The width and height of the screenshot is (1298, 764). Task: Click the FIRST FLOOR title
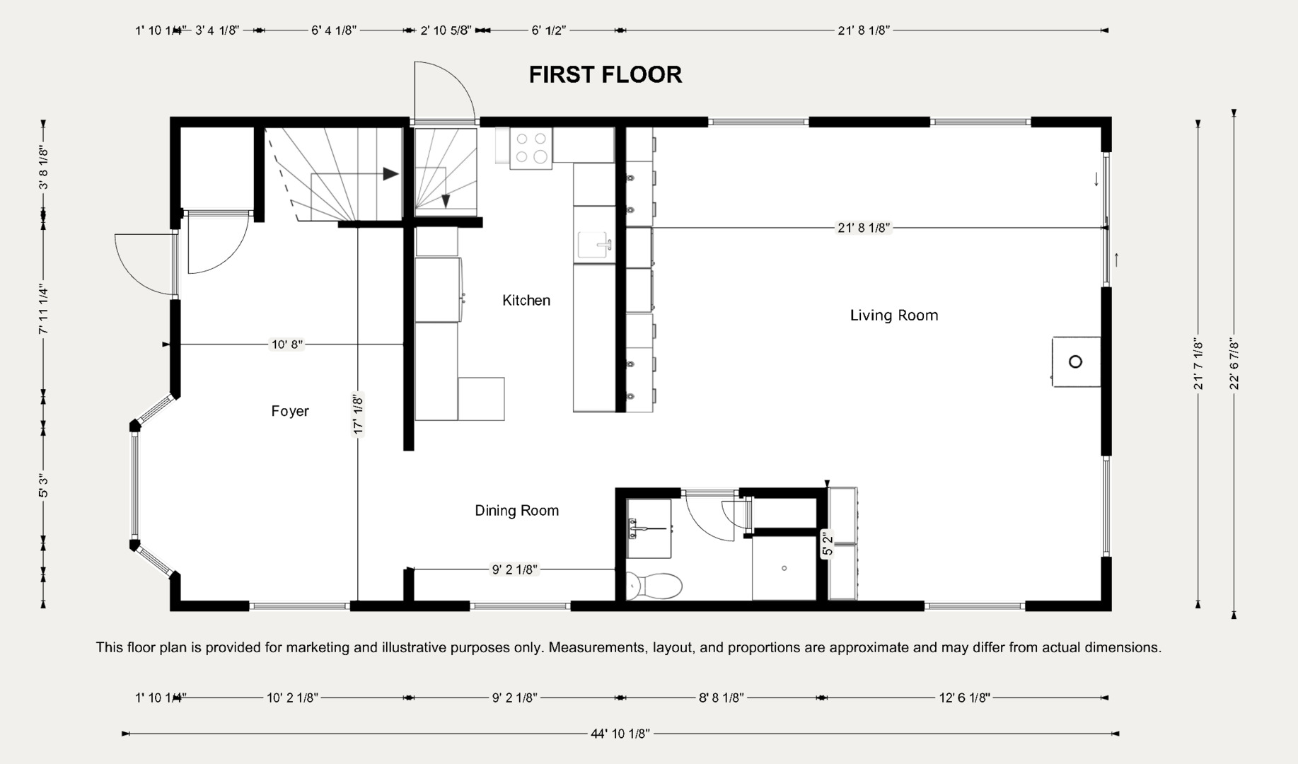pos(605,74)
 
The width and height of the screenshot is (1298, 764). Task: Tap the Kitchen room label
pos(526,301)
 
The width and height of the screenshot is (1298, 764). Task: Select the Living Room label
pos(894,316)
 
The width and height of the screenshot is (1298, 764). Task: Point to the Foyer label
pos(290,411)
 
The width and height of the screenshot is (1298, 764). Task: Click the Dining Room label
pos(516,511)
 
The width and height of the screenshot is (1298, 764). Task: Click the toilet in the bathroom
pos(655,586)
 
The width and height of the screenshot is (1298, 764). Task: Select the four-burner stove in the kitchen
pos(531,149)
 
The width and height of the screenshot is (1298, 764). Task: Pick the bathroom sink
pos(649,528)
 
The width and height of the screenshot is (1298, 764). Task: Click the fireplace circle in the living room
pos(1075,361)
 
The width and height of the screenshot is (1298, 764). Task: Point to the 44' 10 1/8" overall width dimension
pos(620,734)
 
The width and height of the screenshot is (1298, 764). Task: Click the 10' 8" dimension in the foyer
pos(287,345)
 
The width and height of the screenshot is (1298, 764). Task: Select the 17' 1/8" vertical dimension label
pos(358,414)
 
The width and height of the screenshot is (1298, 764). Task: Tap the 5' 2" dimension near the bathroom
pos(827,543)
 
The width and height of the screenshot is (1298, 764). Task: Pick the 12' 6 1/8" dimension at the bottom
pos(965,698)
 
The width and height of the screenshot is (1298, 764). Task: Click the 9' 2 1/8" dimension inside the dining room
pos(515,569)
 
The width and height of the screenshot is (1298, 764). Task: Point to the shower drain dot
pos(784,568)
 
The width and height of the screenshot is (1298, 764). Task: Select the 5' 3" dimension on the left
pos(43,485)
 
